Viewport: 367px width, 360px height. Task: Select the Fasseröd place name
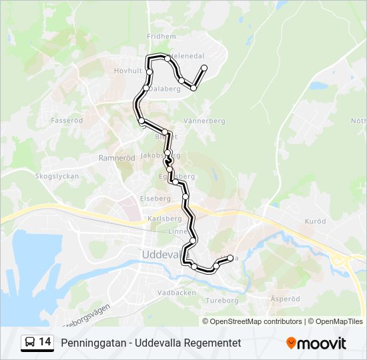tap(67, 121)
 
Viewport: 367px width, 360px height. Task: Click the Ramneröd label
tap(112, 158)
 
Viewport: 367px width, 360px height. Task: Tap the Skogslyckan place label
tap(57, 177)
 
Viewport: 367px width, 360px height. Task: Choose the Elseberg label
tap(155, 199)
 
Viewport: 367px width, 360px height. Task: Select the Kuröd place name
tap(314, 220)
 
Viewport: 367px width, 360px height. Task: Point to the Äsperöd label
tap(286, 299)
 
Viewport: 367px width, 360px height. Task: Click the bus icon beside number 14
tap(30, 342)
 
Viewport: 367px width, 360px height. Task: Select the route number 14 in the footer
tap(45, 342)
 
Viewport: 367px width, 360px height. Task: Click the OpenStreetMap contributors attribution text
tap(256, 321)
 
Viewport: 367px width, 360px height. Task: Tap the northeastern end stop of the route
tap(204, 68)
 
